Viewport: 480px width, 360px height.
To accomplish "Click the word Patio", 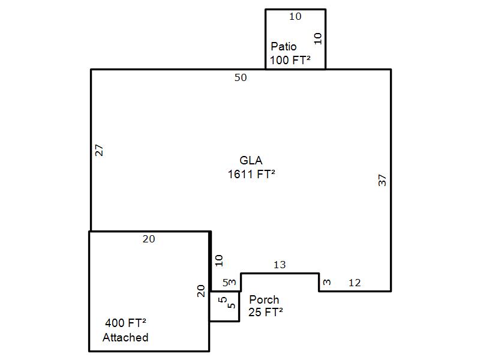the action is pos(283,47).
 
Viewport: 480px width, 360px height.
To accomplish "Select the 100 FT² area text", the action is pos(290,60).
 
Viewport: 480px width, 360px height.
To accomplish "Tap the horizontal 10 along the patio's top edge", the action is pos(295,16).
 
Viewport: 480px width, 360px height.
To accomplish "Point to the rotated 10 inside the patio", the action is pos(318,38).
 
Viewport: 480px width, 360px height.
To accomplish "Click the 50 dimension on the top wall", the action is pos(241,77).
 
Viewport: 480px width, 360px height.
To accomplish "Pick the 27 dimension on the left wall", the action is pos(100,151).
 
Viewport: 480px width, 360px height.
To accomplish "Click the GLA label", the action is pos(251,160).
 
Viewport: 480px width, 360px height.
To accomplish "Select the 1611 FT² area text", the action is pos(251,174).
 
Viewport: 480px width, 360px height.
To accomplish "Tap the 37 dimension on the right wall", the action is pos(382,181).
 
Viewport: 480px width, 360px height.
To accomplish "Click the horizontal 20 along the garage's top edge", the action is pos(149,239).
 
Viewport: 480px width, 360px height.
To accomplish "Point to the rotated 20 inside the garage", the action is pos(201,291).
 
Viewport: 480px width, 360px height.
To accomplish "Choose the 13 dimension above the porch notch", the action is pos(280,265).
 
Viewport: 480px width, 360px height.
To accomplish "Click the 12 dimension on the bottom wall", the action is pos(355,283).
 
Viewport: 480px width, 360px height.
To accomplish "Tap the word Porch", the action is pos(264,299).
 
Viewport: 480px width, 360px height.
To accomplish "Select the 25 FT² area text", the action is pos(266,312).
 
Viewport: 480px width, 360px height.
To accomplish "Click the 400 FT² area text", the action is pos(125,323).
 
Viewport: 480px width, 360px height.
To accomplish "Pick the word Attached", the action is pos(125,337).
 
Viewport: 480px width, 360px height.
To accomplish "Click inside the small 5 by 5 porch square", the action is pos(224,307).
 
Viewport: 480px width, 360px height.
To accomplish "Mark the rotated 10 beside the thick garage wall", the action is pos(219,261).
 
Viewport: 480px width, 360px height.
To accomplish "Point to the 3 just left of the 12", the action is pos(327,282).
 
